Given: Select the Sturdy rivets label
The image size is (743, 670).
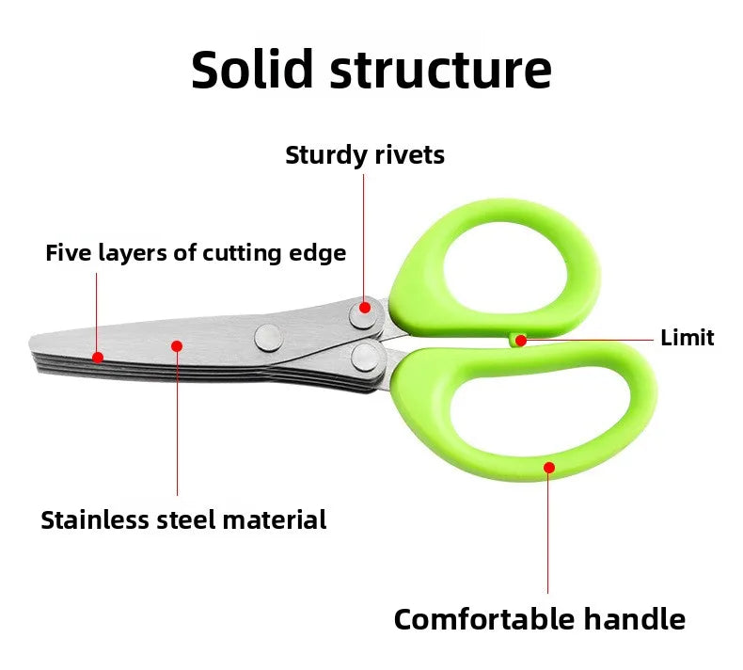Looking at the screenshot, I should point(365,155).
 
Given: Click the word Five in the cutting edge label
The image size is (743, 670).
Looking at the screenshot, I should point(66,253).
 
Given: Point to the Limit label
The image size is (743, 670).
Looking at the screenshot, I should point(687,338).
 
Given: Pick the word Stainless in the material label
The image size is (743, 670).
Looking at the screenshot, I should point(93,519).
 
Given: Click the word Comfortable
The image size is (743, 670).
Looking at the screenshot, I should point(484,619).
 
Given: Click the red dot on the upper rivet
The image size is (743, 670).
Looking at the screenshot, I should point(365,307).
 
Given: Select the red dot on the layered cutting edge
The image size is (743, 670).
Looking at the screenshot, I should point(97,357).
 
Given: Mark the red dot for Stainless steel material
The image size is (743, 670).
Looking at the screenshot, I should point(177,346).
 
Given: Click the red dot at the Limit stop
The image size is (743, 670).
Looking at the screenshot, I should point(520,340).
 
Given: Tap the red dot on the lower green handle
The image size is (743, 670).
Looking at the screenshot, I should point(548,466).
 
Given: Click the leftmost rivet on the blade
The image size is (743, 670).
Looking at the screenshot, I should point(268,334).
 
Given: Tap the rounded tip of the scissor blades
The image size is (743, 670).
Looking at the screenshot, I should point(38,344).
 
